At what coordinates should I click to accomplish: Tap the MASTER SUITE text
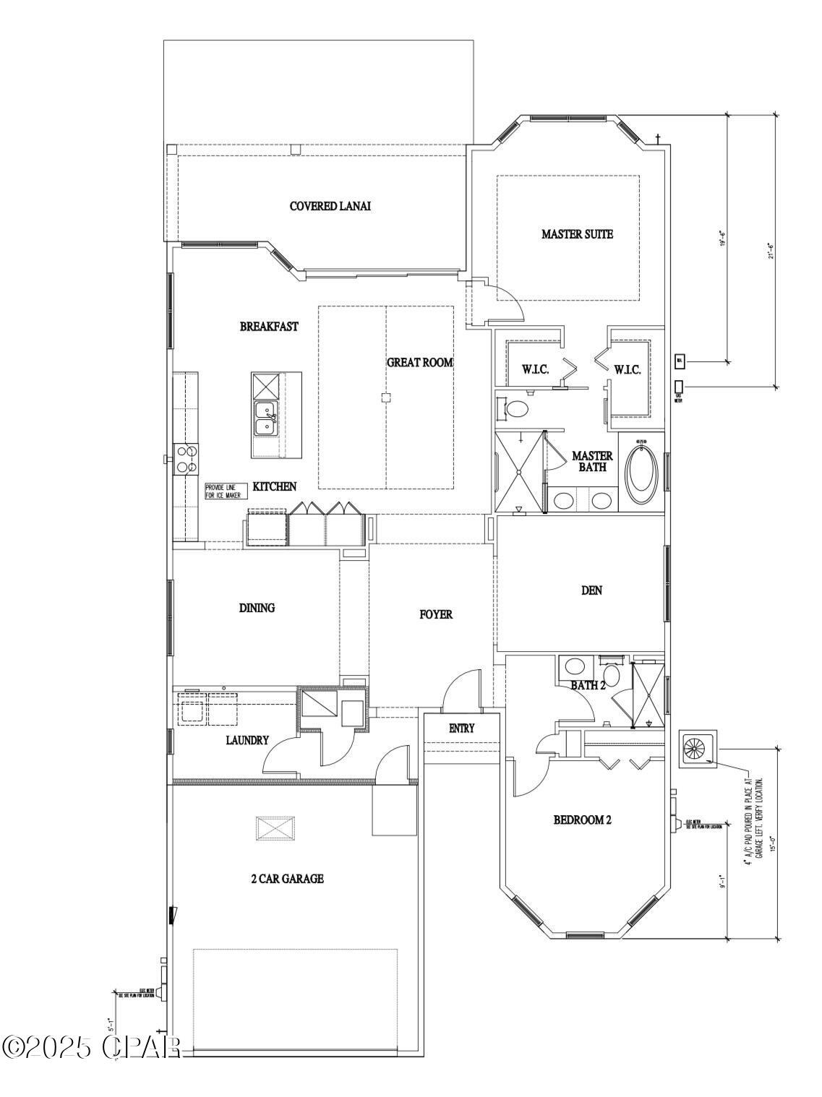(577, 234)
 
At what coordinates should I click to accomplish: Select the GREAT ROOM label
(419, 362)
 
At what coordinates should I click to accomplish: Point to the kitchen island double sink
(266, 418)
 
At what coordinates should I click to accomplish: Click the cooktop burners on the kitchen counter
(187, 459)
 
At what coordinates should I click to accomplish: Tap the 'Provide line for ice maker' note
(226, 491)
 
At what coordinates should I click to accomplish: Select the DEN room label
(591, 590)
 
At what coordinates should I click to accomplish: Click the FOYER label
(436, 614)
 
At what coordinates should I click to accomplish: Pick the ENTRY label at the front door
(461, 728)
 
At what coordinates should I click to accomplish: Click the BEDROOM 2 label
(583, 820)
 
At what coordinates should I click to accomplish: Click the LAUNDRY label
(247, 740)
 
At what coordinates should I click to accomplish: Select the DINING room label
(257, 608)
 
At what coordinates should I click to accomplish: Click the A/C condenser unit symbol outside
(697, 749)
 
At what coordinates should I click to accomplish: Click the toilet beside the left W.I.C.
(515, 410)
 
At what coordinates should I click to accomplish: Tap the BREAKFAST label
(269, 327)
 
